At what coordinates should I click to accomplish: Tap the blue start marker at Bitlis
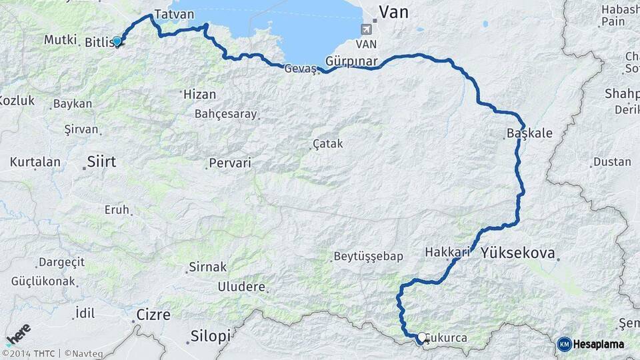(x=117, y=41)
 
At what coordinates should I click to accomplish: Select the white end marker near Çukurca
(x=422, y=337)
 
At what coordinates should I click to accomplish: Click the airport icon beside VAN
(x=366, y=29)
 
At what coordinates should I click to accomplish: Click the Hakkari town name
(x=447, y=253)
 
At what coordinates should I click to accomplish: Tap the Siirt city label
(x=101, y=161)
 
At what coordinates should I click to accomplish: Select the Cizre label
(x=153, y=314)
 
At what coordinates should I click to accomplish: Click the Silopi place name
(x=210, y=335)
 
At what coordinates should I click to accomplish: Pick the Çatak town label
(x=327, y=144)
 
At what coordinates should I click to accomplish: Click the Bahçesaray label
(x=225, y=114)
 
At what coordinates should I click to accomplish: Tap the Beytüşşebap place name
(x=368, y=257)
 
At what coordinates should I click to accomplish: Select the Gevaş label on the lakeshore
(x=300, y=69)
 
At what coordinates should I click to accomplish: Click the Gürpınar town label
(x=352, y=61)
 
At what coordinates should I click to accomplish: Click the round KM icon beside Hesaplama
(x=564, y=344)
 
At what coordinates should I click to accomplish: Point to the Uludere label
(x=241, y=287)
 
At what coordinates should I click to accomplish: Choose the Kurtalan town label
(x=35, y=162)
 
